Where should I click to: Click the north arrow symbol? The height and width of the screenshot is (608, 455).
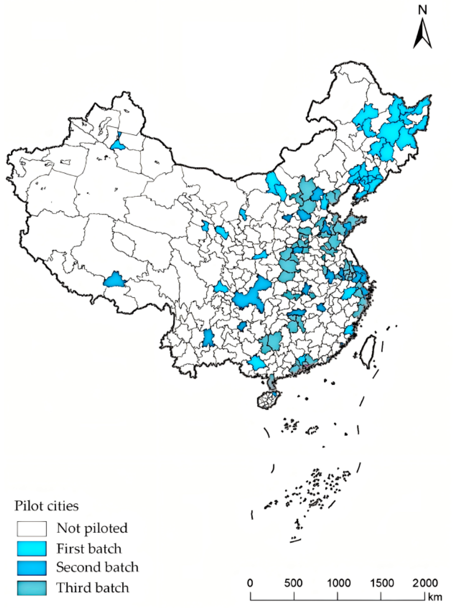422,34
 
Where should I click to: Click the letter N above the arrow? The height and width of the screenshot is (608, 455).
422,10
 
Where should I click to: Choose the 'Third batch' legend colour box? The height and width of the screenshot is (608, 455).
32,588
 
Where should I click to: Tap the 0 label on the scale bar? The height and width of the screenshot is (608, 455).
250,582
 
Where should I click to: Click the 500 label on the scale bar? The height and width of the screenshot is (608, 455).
294,582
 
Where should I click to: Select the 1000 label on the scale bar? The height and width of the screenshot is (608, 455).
337,582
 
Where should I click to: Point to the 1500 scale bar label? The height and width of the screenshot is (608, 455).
380,582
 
